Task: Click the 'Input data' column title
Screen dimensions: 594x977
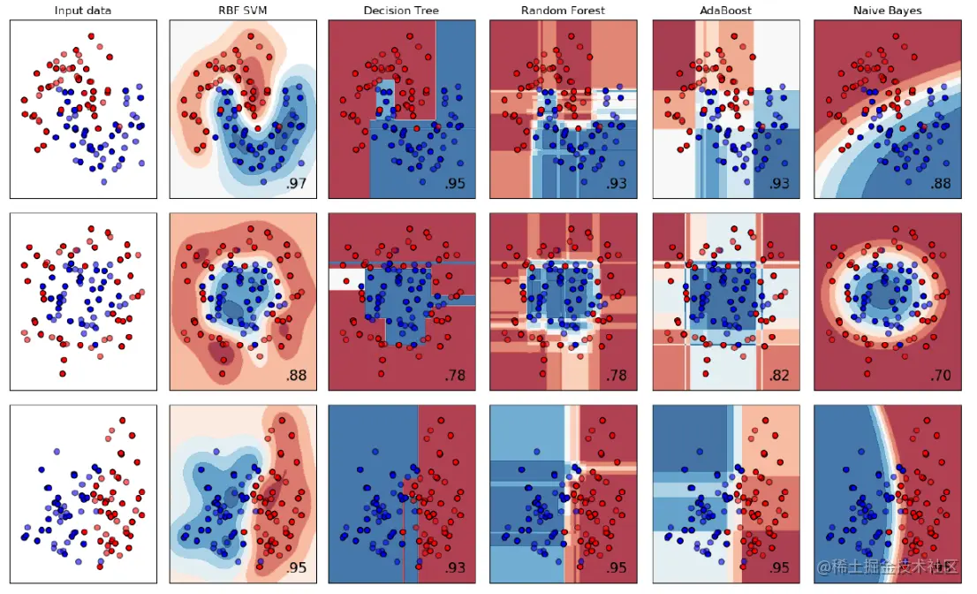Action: click(x=83, y=11)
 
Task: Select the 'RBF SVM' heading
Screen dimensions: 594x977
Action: click(x=242, y=11)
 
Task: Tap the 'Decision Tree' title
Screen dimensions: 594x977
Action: click(x=403, y=11)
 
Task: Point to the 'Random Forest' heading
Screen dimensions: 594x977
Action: click(x=564, y=11)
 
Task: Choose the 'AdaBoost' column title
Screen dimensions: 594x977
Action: click(x=726, y=11)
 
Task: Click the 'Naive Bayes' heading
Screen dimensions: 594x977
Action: click(x=887, y=11)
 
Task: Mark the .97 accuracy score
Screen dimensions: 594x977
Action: click(x=296, y=184)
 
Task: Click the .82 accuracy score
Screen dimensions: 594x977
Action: click(x=779, y=376)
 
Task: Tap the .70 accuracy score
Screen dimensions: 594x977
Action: click(x=940, y=376)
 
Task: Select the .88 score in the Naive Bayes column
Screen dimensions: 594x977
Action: click(x=940, y=184)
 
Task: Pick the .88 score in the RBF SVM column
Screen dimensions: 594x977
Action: click(x=296, y=376)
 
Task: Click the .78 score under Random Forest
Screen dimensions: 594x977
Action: click(x=617, y=376)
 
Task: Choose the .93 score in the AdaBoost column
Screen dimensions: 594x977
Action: click(x=779, y=184)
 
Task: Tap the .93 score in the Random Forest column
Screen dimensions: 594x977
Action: click(x=617, y=184)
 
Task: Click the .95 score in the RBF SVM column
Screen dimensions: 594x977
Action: click(x=296, y=567)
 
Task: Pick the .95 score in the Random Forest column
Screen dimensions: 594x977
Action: click(x=617, y=567)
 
